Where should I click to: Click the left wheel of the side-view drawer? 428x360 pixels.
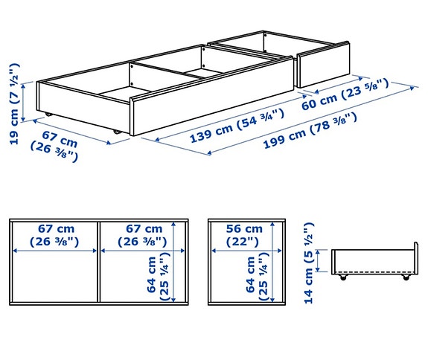[343, 279]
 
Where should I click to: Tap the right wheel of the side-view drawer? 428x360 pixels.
[406, 279]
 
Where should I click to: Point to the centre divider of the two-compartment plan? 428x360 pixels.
[98, 263]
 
